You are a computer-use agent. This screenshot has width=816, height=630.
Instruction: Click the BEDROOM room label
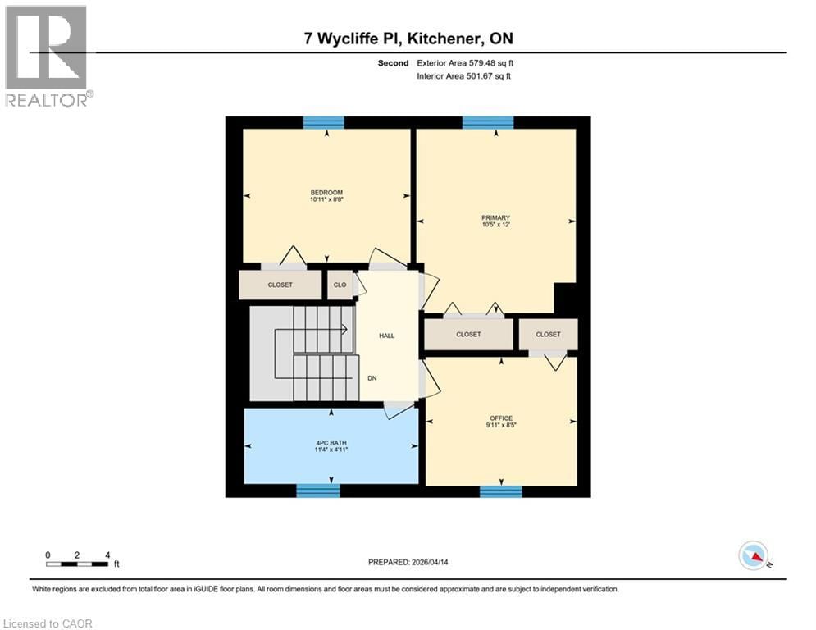[x=326, y=193]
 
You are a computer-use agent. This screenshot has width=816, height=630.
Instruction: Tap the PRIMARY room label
[x=495, y=217]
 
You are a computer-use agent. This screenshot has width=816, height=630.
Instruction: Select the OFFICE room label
[x=500, y=418]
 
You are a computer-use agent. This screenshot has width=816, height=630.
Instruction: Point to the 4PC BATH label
[x=332, y=442]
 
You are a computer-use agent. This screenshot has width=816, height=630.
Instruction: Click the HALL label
[x=386, y=336]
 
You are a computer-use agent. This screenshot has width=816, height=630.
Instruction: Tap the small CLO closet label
[x=339, y=285]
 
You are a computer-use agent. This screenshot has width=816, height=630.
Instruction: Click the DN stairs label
[x=372, y=378]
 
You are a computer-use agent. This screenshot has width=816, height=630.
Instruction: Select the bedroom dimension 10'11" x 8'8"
[x=326, y=200]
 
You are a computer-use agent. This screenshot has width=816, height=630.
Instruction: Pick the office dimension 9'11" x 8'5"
[x=500, y=426]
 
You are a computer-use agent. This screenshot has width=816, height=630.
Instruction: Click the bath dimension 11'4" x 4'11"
[x=332, y=450]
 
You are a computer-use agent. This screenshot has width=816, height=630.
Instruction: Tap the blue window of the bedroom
[x=323, y=122]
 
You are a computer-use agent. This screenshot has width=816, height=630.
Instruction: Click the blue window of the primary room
[x=488, y=122]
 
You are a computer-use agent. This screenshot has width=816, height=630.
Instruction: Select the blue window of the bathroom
[x=317, y=491]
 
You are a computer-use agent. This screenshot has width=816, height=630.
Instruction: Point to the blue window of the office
[x=500, y=491]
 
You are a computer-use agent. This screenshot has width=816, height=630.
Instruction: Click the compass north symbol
[x=753, y=555]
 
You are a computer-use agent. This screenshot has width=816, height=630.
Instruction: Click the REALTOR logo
[x=47, y=56]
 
